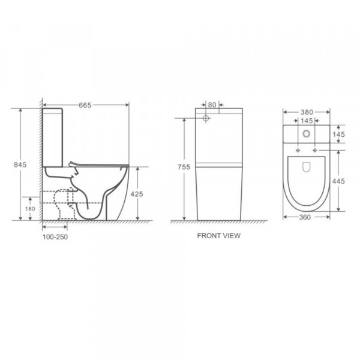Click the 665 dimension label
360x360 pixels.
click(x=85, y=105)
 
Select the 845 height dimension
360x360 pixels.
click(x=20, y=164)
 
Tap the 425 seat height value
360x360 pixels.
click(x=137, y=194)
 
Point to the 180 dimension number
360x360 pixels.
click(x=30, y=209)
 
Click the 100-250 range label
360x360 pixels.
click(x=55, y=237)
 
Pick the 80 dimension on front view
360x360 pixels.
click(x=212, y=105)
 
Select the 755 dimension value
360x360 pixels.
click(x=184, y=167)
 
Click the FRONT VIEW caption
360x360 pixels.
click(x=219, y=236)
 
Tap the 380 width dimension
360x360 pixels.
click(x=307, y=112)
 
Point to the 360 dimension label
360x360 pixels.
click(x=305, y=217)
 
